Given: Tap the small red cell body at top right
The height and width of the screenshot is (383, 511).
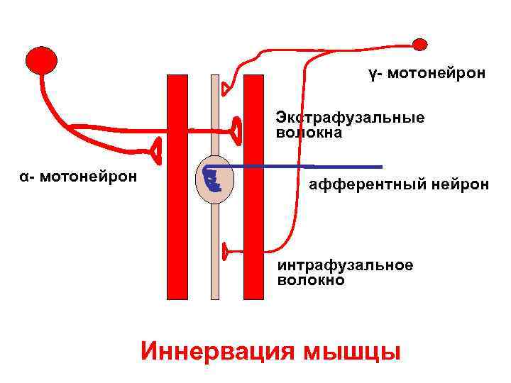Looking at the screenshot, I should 420,45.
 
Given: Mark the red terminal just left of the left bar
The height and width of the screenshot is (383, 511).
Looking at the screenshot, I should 155,149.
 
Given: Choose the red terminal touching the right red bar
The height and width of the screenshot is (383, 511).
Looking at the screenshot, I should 236,129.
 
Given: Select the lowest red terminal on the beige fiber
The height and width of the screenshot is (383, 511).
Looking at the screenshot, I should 225,250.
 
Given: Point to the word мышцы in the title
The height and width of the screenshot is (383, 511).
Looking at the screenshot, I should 350,351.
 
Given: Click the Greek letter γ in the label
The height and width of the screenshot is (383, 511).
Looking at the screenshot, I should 372,73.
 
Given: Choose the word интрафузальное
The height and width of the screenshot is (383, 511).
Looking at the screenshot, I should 345,265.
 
